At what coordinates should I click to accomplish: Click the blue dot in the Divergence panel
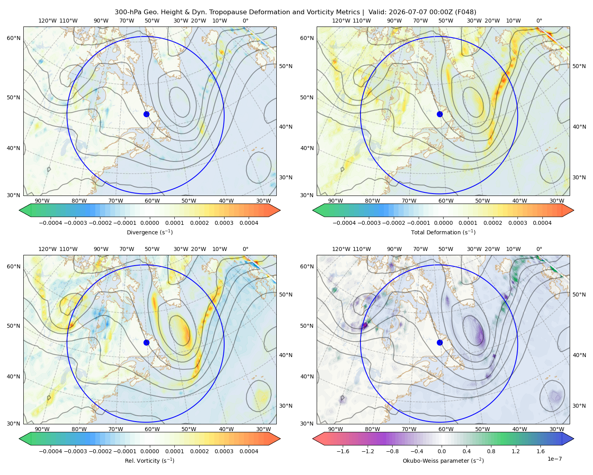(x=146, y=114)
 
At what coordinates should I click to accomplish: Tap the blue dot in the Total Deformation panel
(x=440, y=114)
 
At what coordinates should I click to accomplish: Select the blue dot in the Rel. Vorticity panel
(x=146, y=342)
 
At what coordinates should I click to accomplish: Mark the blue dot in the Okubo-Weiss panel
(x=440, y=342)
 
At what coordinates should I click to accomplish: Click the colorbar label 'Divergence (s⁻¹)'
(x=149, y=232)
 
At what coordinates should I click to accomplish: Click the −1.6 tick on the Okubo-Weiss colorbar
(x=343, y=451)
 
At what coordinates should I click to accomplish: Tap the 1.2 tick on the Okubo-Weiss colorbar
(x=516, y=451)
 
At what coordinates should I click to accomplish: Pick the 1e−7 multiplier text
(x=554, y=459)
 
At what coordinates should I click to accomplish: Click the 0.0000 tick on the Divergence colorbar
(x=149, y=223)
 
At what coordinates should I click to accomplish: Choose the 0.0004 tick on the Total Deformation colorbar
(x=542, y=223)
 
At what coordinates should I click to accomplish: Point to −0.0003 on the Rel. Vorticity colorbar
(x=75, y=451)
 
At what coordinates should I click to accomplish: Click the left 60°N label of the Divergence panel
(x=13, y=38)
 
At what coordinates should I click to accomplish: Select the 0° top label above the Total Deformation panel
(x=539, y=21)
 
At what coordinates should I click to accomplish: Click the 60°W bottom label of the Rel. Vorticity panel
(x=152, y=429)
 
